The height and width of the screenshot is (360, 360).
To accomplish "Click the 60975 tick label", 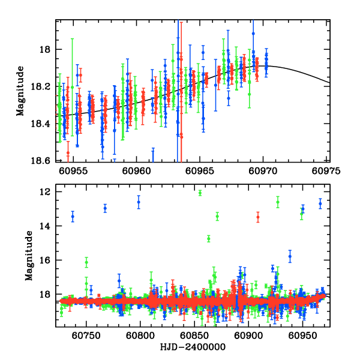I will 329,170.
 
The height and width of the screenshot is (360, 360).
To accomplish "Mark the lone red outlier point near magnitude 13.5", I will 258,217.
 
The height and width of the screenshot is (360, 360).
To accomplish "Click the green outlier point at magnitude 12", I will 200,193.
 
